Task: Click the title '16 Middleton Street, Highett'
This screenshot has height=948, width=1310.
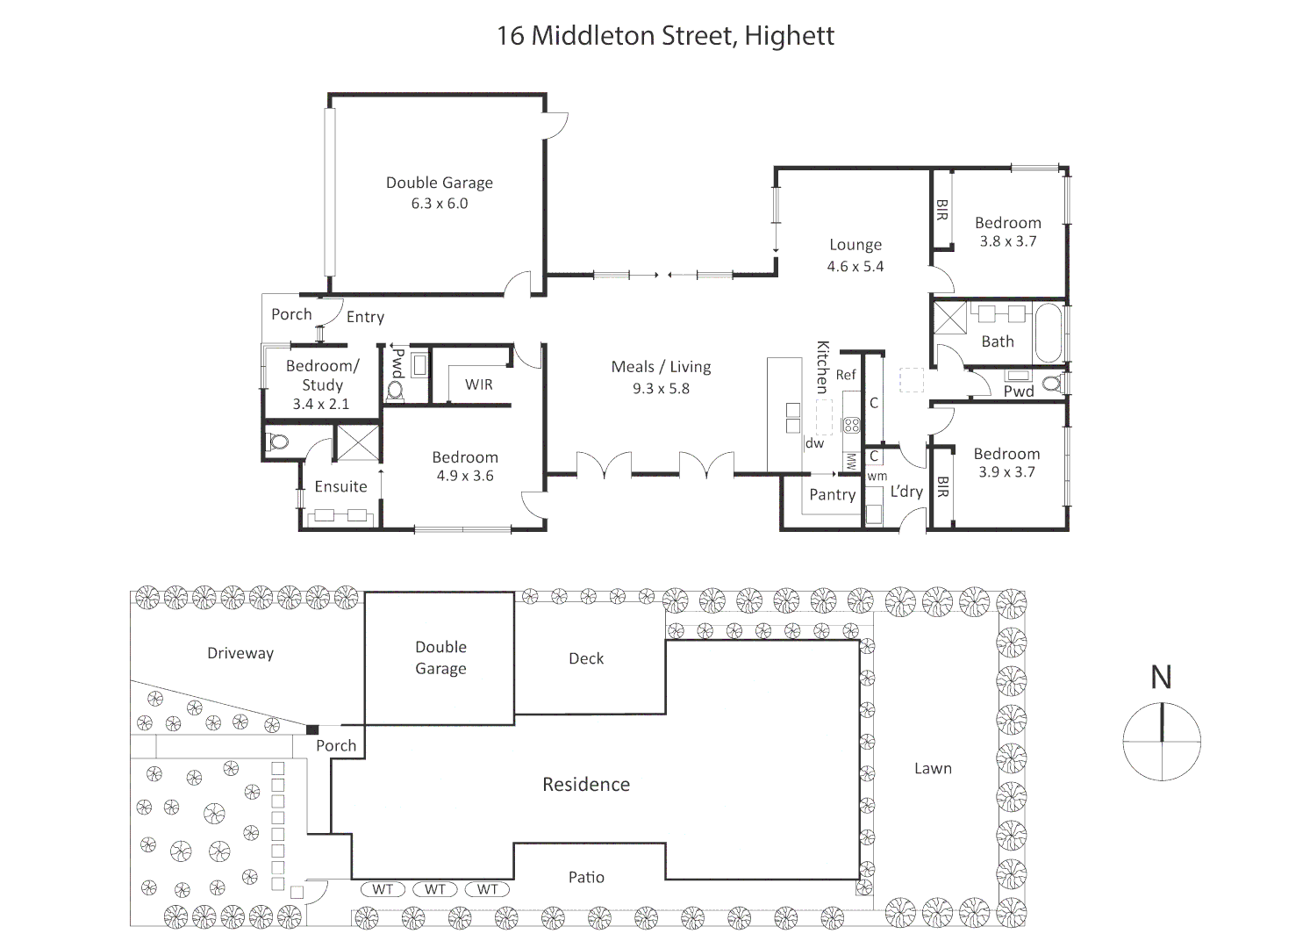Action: [x=665, y=36]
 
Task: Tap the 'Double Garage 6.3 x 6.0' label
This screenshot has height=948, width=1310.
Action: [x=440, y=192]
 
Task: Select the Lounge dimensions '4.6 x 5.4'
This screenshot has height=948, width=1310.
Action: [x=855, y=266]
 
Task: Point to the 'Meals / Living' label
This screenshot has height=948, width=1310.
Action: [x=661, y=367]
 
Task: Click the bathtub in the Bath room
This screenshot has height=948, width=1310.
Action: [x=1048, y=333]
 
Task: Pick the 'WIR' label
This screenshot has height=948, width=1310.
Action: [x=478, y=384]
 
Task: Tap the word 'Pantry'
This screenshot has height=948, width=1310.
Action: [x=832, y=495]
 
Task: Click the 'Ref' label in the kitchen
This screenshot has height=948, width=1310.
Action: [x=846, y=375]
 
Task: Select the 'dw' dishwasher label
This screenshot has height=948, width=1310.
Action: [x=814, y=443]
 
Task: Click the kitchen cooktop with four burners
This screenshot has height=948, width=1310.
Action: [x=851, y=425]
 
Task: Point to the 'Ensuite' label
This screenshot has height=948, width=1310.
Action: [x=341, y=486]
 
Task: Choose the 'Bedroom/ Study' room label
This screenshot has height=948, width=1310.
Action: [x=322, y=375]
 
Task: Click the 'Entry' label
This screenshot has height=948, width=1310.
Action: [x=366, y=317]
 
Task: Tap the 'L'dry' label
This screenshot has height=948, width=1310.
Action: [x=906, y=491]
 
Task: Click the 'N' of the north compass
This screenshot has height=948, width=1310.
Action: [x=1161, y=677]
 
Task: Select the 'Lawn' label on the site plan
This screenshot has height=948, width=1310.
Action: [x=933, y=768]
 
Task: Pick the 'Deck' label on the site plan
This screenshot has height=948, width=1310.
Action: [x=586, y=658]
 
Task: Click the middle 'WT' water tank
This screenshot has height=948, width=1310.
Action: [x=435, y=889]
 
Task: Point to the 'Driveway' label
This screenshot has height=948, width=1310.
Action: [x=240, y=653]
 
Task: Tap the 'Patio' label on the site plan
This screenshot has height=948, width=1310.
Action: [x=586, y=877]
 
